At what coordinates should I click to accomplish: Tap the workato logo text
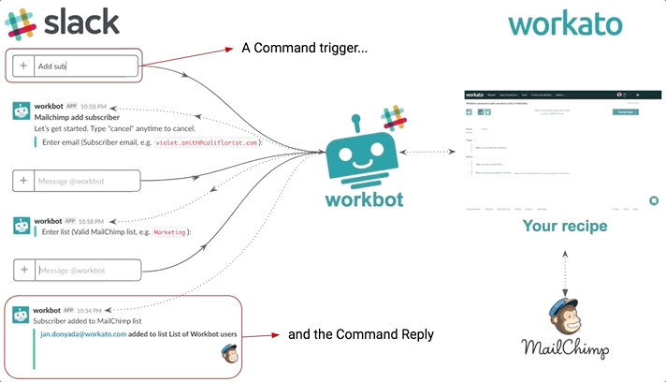point(565,23)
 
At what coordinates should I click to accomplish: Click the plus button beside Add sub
point(23,66)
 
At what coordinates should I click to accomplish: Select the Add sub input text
point(51,66)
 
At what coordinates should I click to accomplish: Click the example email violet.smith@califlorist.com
point(207,142)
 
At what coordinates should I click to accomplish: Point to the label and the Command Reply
point(360,334)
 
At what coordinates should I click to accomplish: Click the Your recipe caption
point(565,226)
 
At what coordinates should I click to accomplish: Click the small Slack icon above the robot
point(394,119)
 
